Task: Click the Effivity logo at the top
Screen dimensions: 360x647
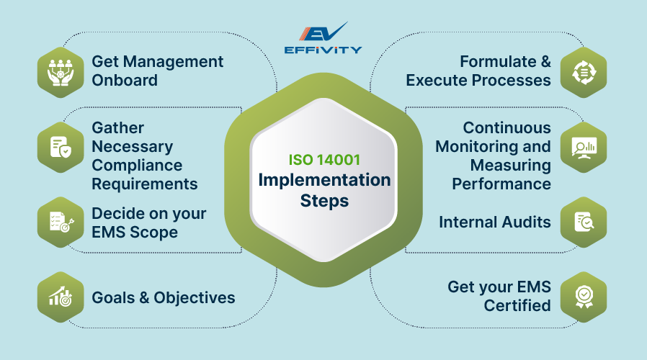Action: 323,39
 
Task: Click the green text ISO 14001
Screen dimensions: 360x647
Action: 323,160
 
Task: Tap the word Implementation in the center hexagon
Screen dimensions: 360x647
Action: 323,180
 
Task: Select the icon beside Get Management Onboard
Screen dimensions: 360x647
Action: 61,71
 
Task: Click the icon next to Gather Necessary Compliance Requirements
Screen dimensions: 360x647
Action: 61,147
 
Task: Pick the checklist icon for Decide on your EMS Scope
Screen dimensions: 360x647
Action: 61,222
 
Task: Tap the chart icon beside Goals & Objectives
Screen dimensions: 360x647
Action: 61,297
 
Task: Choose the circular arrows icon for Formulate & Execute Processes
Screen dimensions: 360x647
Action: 583,71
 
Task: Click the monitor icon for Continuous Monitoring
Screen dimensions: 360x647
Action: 583,147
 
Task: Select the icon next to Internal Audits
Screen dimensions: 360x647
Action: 583,222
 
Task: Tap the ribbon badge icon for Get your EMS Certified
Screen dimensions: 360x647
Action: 583,296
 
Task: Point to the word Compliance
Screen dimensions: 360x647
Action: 133,165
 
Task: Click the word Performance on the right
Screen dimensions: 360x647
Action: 501,184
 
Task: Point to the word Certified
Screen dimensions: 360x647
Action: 517,305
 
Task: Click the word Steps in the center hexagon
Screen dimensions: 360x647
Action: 323,200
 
